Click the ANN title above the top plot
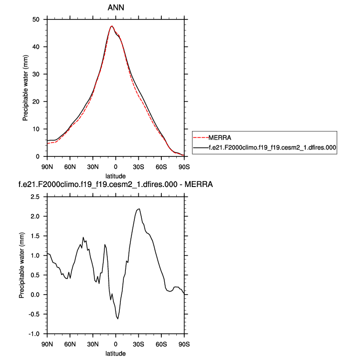(115, 8)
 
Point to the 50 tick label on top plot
(36, 19)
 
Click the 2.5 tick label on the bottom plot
(35, 197)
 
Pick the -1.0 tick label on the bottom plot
(33, 333)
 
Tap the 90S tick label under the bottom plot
(184, 343)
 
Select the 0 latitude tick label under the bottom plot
(115, 343)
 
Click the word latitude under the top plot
(115, 175)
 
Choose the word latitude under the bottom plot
(115, 353)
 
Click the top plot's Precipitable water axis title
(24, 88)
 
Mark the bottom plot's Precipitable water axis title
(21, 265)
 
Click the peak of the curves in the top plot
(112, 26)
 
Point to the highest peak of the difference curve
(139, 209)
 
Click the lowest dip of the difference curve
(118, 318)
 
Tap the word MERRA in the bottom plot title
(199, 185)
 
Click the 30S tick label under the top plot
(138, 165)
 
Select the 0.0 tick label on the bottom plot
(35, 294)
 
